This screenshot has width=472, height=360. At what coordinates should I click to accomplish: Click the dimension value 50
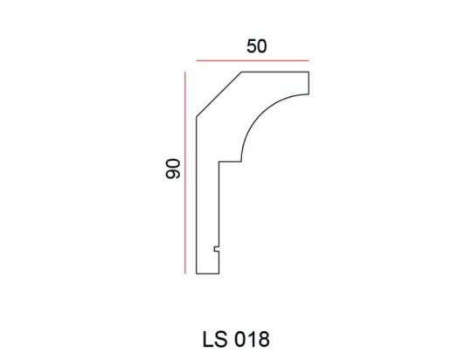pos(256,46)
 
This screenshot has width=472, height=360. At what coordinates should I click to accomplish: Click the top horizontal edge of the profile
pos(274,73)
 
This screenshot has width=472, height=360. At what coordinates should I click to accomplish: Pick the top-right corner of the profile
pos(309,73)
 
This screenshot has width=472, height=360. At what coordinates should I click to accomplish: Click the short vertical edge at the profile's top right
pos(309,82)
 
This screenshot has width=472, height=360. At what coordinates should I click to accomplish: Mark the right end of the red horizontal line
pos(309,61)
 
